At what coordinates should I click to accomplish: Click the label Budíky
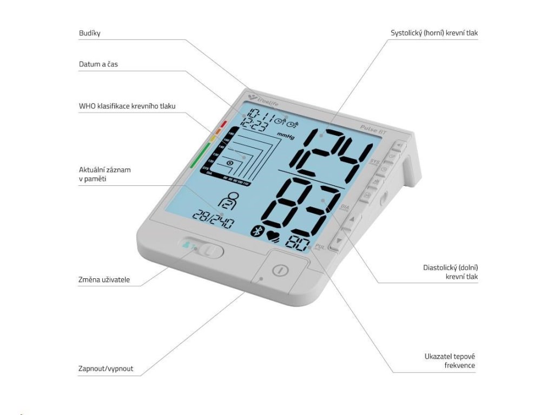90,34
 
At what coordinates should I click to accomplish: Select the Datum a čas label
98,64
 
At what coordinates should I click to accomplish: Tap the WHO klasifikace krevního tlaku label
127,106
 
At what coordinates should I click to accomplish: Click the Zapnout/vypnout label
105,369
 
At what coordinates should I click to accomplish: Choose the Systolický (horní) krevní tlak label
434,33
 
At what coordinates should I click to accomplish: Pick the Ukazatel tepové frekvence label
450,361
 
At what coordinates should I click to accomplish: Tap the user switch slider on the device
202,249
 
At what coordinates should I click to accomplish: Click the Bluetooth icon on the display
256,232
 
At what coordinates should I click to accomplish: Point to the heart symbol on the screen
274,237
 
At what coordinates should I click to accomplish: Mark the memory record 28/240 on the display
213,220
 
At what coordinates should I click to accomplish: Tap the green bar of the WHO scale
198,155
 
